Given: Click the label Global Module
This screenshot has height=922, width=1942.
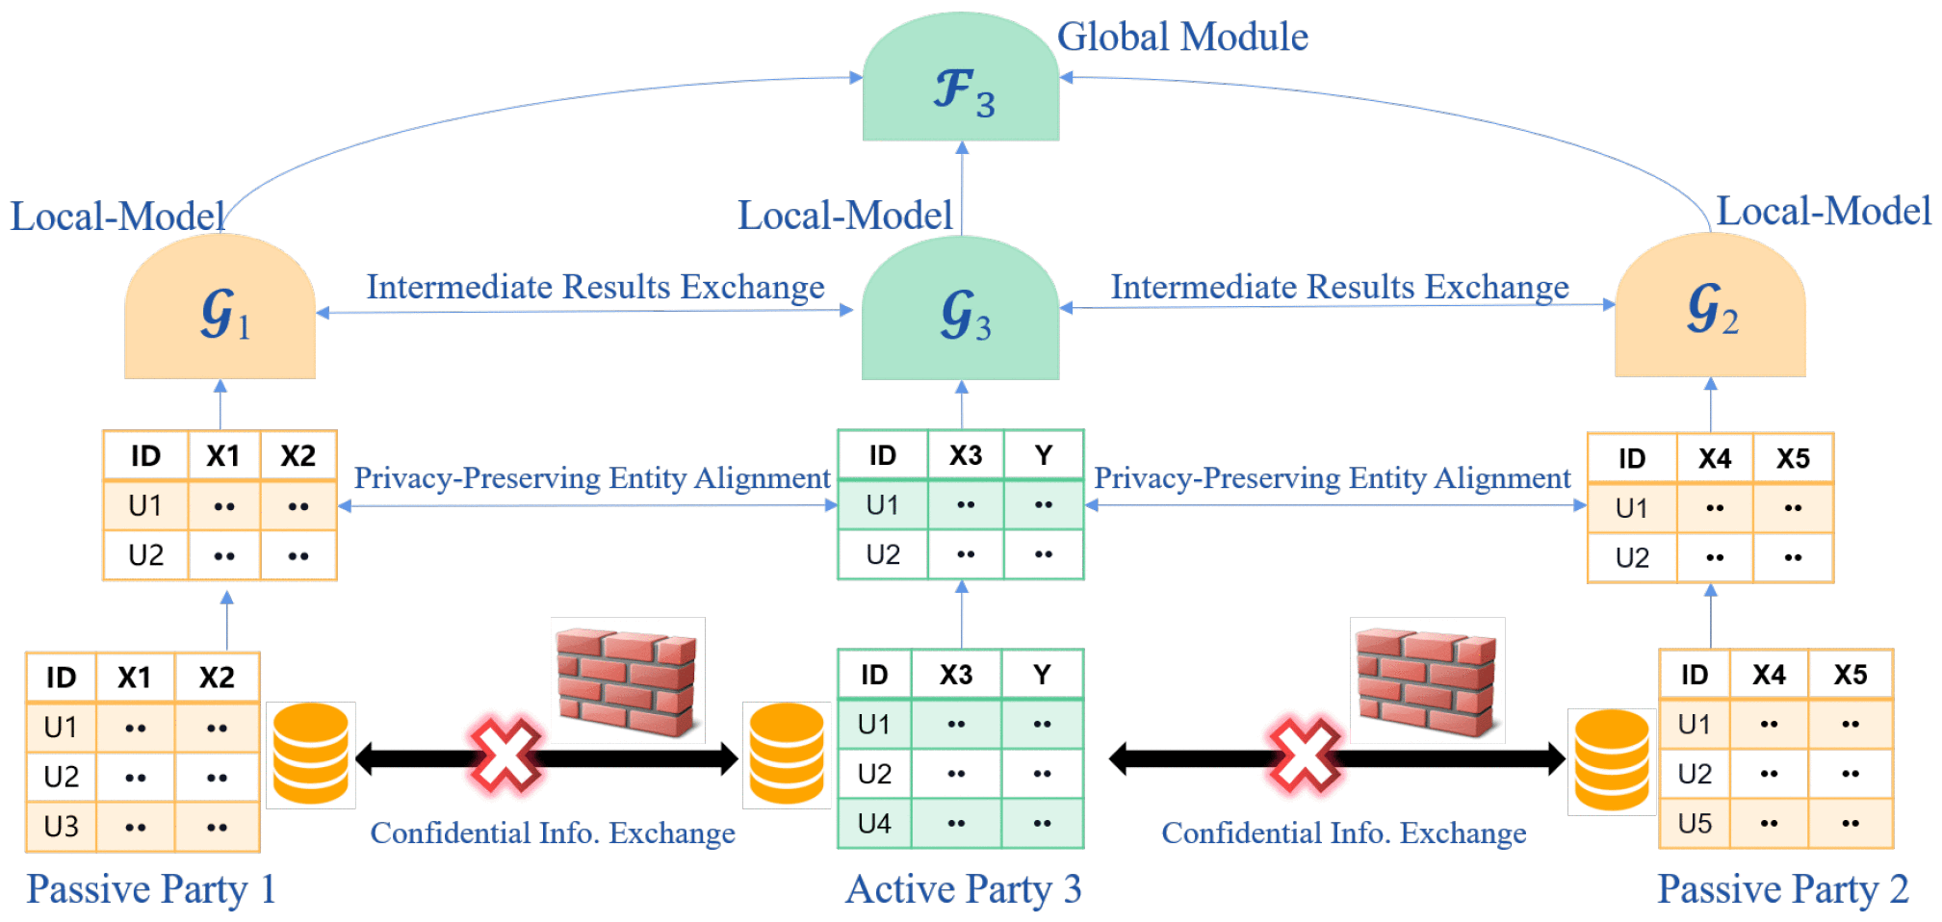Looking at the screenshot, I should tap(1182, 37).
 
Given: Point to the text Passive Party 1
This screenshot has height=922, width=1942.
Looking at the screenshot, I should tap(151, 888).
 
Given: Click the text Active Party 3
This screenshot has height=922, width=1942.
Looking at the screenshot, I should tap(963, 888).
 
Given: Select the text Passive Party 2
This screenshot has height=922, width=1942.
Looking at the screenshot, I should tap(1782, 888).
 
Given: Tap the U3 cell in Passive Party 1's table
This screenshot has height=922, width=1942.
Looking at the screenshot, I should tap(62, 826).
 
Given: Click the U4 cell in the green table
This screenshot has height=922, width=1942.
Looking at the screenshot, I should tap(874, 823).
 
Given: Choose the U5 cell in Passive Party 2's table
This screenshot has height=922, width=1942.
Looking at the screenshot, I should tap(1695, 823).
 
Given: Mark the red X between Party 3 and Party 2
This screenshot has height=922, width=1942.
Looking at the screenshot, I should tap(1305, 756).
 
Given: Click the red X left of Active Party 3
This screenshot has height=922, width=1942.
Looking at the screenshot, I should tap(505, 756).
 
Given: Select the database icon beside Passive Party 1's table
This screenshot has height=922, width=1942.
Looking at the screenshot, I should tap(310, 754).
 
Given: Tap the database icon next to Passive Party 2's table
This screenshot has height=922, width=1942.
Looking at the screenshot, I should tap(1611, 760).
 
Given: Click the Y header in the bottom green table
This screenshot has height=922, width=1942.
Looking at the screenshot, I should tap(1042, 674).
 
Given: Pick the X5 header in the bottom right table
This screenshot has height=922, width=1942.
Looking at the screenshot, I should tap(1850, 674).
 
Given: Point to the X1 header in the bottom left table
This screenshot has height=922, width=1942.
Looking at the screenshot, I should tap(135, 677).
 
